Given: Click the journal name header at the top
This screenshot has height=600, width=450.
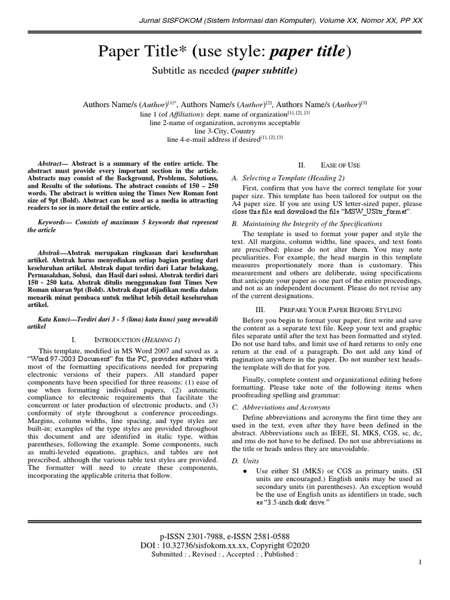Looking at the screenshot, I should pyautogui.click(x=280, y=21).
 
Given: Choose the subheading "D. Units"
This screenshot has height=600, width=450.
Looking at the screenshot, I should pyautogui.click(x=244, y=462).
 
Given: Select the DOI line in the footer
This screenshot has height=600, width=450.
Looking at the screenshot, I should pyautogui.click(x=224, y=545).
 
